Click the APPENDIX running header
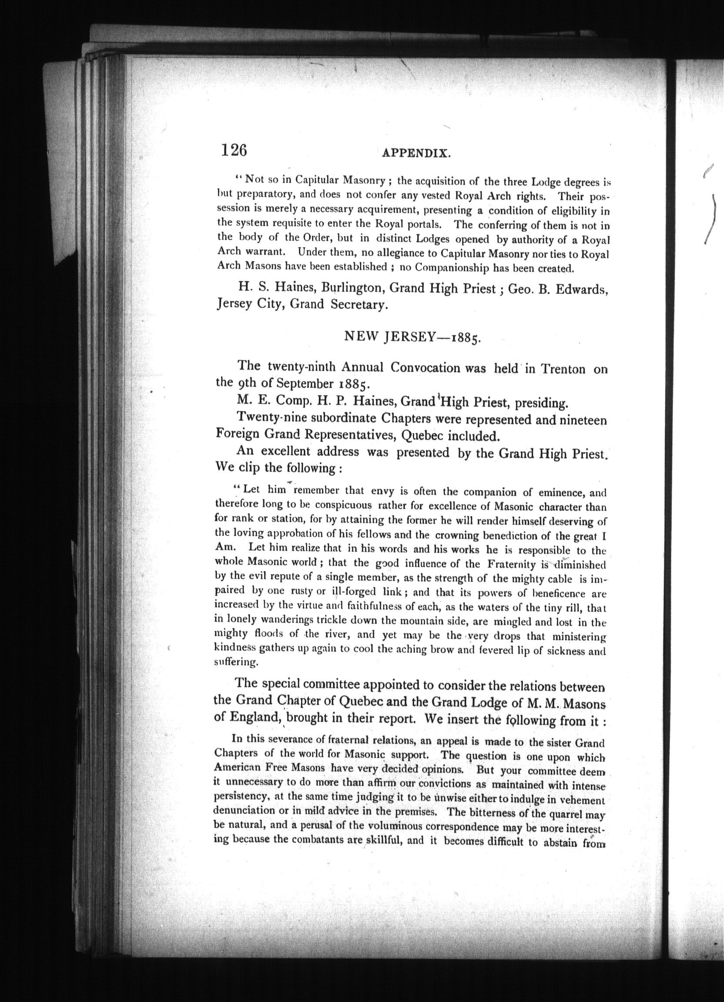(x=416, y=154)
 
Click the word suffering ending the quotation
(x=235, y=663)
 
